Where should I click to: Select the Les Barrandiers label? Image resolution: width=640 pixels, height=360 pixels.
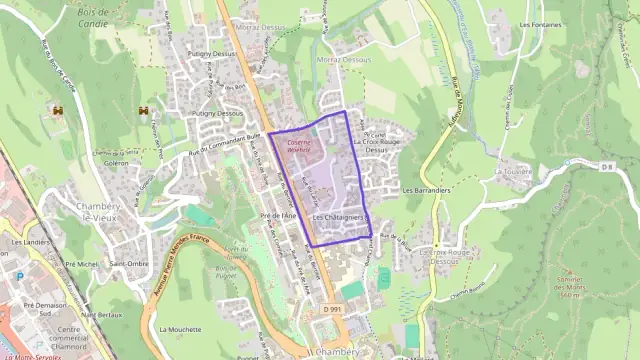[427, 189]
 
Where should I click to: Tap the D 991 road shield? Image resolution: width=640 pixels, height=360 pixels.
[333, 309]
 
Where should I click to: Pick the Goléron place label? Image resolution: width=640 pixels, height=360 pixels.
[116, 162]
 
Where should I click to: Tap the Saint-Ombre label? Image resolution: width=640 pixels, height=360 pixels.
[130, 264]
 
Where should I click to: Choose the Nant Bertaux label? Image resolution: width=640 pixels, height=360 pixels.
[103, 315]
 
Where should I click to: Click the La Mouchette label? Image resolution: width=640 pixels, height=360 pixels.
[180, 328]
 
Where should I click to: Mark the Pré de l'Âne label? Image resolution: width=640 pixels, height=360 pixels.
[278, 215]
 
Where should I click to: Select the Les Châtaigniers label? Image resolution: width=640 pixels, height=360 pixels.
[337, 217]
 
